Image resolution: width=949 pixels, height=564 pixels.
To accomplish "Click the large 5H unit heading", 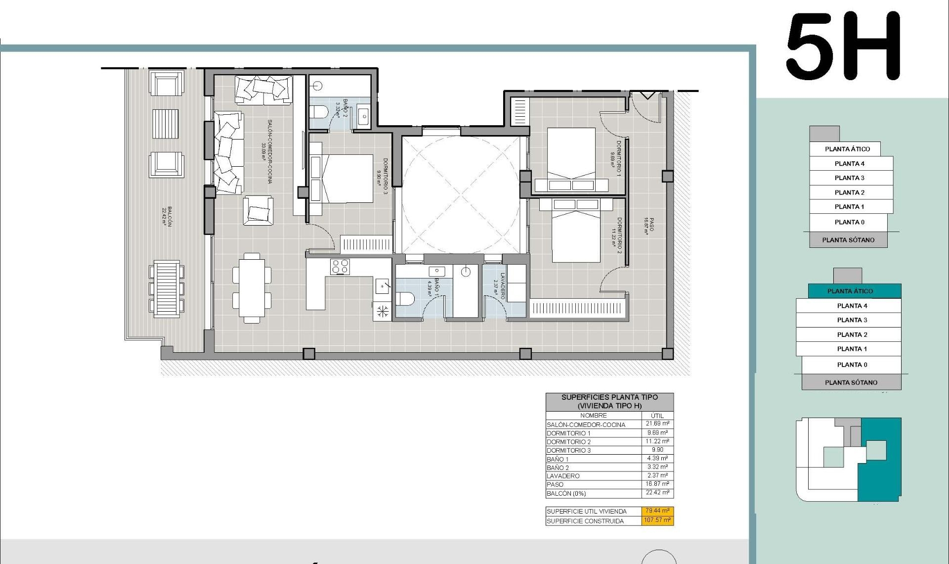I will pyautogui.click(x=843, y=47).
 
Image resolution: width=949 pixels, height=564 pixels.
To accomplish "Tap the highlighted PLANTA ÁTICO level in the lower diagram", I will pyautogui.click(x=854, y=291).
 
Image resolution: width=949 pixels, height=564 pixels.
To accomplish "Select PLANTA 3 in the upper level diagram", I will pyautogui.click(x=850, y=178).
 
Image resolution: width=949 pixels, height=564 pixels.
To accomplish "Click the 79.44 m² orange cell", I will pyautogui.click(x=658, y=511).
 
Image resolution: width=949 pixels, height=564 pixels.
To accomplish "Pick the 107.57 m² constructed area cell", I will pyautogui.click(x=658, y=520).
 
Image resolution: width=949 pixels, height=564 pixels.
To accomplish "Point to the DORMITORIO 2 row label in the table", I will pyautogui.click(x=569, y=442).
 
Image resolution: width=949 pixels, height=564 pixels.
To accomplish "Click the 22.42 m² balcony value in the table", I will pyautogui.click(x=657, y=493).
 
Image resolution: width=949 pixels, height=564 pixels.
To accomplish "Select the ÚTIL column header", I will pyautogui.click(x=657, y=416).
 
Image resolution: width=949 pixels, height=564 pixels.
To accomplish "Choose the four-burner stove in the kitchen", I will pyautogui.click(x=340, y=267).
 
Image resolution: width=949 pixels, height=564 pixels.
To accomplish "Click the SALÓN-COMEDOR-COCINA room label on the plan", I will pyautogui.click(x=267, y=151).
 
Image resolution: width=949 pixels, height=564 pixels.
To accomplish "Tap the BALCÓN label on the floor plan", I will pyautogui.click(x=167, y=217).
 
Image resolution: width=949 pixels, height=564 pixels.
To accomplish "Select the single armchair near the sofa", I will pyautogui.click(x=258, y=210).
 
